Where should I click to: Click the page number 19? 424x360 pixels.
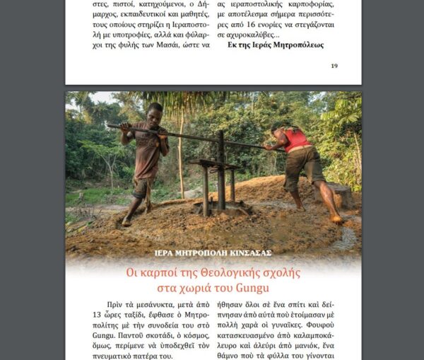[334, 66]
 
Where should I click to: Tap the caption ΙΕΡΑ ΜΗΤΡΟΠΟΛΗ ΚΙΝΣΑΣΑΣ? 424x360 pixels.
[213, 252]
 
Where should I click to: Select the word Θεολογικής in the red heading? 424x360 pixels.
[232, 273]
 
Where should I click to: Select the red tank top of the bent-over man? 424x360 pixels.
[297, 139]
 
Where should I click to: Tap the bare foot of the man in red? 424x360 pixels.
[338, 219]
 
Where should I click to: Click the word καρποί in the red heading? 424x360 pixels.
[155, 273]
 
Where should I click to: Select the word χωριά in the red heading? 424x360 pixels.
[203, 289]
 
